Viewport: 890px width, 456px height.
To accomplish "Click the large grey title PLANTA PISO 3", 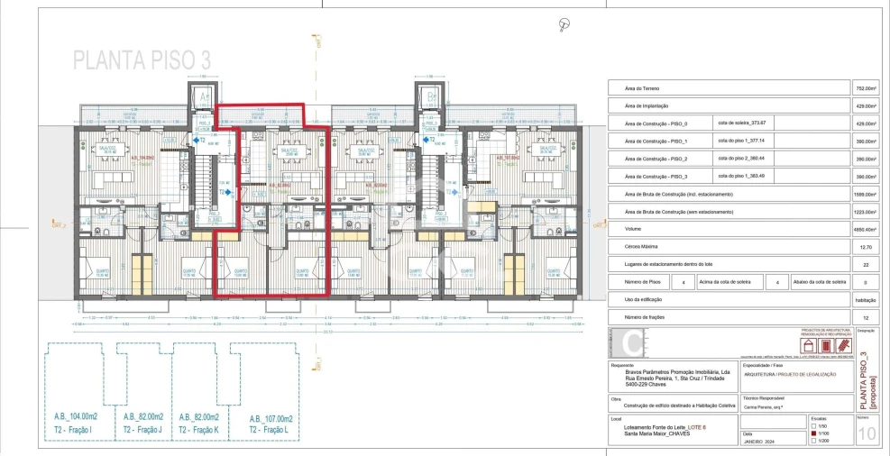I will click(142, 60).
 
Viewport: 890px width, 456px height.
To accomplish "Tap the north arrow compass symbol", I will click(564, 23).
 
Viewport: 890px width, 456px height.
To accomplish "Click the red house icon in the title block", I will click(809, 345).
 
